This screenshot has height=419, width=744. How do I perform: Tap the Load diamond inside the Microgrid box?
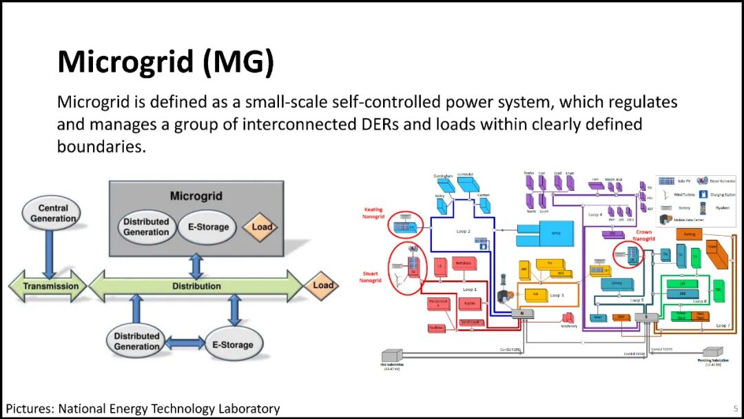click(x=262, y=227)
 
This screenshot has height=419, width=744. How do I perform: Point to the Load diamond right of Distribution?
click(x=322, y=285)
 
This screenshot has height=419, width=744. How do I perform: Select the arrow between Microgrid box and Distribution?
click(x=197, y=265)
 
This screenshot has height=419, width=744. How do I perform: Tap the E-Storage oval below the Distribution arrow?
click(x=232, y=345)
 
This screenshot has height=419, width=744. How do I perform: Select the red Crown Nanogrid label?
click(x=643, y=236)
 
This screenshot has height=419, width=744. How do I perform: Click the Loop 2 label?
click(x=463, y=232)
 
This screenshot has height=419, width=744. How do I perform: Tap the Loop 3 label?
click(x=557, y=294)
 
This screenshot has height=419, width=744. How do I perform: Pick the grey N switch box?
click(x=521, y=313)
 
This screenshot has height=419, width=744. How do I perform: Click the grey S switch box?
click(x=646, y=317)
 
